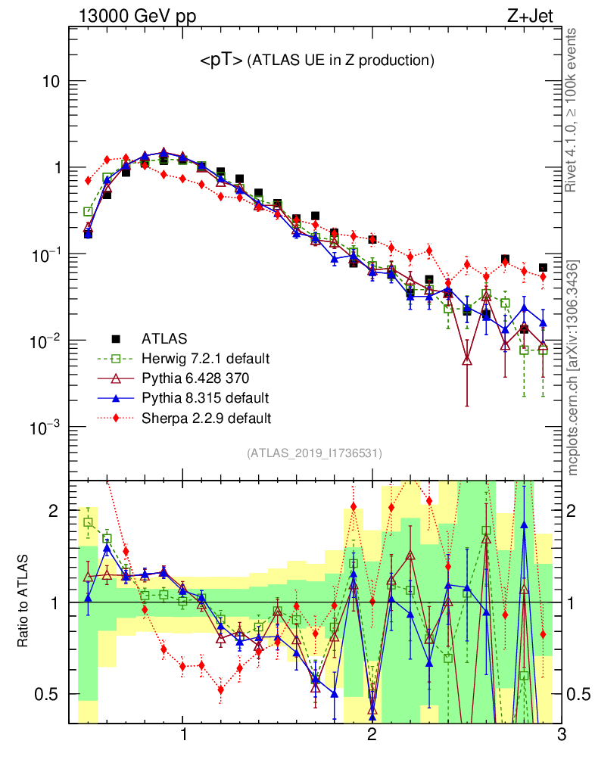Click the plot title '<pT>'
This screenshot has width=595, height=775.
pos(220,61)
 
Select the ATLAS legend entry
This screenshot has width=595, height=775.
pos(164,338)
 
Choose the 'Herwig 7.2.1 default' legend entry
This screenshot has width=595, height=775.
pos(206,358)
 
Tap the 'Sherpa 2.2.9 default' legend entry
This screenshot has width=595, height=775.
pos(207,417)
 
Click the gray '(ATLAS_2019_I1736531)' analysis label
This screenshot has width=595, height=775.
pos(314,453)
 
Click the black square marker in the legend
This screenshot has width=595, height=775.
pos(116,338)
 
